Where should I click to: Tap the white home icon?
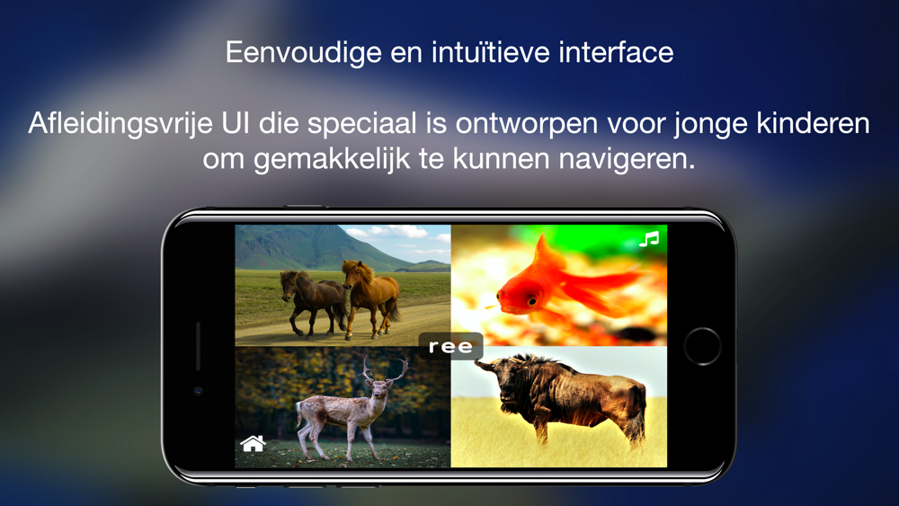click(x=253, y=443)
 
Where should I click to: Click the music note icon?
click(x=649, y=239)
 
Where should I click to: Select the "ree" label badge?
click(x=450, y=346)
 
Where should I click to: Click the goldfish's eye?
click(x=532, y=299)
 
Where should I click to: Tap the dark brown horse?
click(x=313, y=301)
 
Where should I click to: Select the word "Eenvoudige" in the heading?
click(x=304, y=53)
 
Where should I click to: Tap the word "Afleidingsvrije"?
click(x=120, y=124)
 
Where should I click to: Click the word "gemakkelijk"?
click(x=332, y=159)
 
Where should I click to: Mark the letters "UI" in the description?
click(x=236, y=123)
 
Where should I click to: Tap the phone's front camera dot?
click(x=199, y=391)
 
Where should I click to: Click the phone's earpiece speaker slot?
click(x=199, y=345)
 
